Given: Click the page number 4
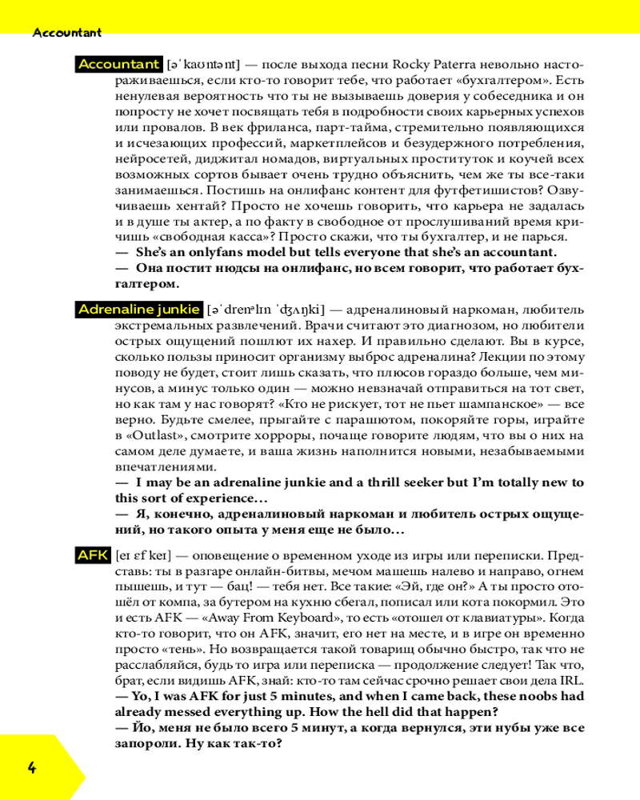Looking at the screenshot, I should coord(32,769).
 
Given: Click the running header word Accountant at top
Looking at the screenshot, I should coord(67,33).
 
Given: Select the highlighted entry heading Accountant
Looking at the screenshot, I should coord(119,64).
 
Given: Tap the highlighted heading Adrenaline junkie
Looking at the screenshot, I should coord(139,309).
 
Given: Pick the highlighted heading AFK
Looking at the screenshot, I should coord(93,554).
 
